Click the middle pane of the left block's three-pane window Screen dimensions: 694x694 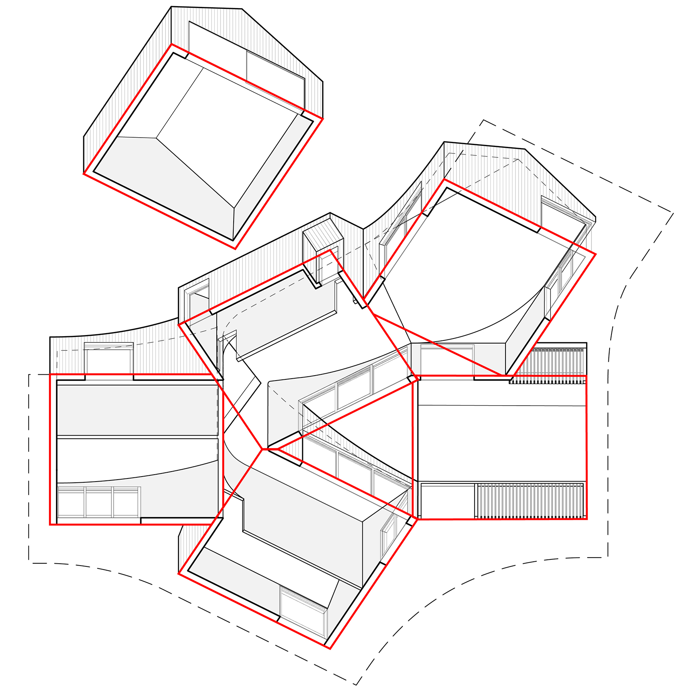click(x=99, y=502)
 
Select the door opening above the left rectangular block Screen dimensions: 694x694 click(x=109, y=360)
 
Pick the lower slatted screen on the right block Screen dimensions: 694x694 click(x=530, y=500)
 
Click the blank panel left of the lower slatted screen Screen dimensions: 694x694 click(x=447, y=500)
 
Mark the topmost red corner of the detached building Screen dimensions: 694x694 click(x=172, y=45)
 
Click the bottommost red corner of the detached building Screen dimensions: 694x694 click(x=235, y=249)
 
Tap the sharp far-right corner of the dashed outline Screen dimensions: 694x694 click(x=673, y=213)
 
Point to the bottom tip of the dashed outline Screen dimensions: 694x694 click(x=355, y=685)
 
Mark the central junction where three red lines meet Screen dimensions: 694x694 click(x=263, y=449)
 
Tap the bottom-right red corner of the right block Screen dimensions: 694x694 click(x=586, y=519)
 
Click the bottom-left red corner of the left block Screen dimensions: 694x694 click(x=50, y=524)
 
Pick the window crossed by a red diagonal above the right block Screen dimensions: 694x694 click(x=447, y=360)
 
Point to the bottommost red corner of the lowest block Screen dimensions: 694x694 click(x=330, y=649)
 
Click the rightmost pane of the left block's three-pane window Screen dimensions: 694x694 click(x=126, y=502)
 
